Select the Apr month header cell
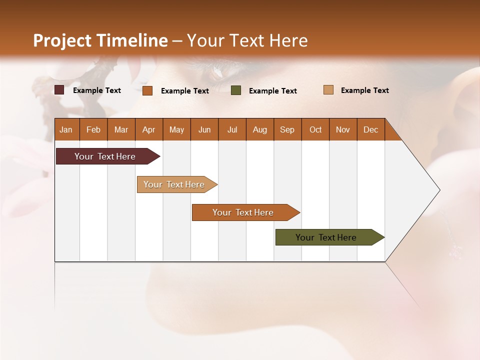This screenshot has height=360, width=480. click(149, 129)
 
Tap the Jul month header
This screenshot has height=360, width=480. click(232, 129)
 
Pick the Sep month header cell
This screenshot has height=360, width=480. click(287, 129)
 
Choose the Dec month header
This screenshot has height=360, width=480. click(370, 129)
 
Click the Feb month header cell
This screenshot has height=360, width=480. click(93, 129)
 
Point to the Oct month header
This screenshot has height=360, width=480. click(315, 129)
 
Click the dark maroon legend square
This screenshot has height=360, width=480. click(59, 90)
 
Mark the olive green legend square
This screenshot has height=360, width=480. click(236, 90)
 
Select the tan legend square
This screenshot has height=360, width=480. click(328, 90)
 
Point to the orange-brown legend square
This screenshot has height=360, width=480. click(147, 90)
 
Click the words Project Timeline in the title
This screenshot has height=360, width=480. click(100, 40)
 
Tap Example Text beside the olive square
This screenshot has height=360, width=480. click(272, 91)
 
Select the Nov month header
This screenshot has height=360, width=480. click(343, 129)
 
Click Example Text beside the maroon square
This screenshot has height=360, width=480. click(96, 90)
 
